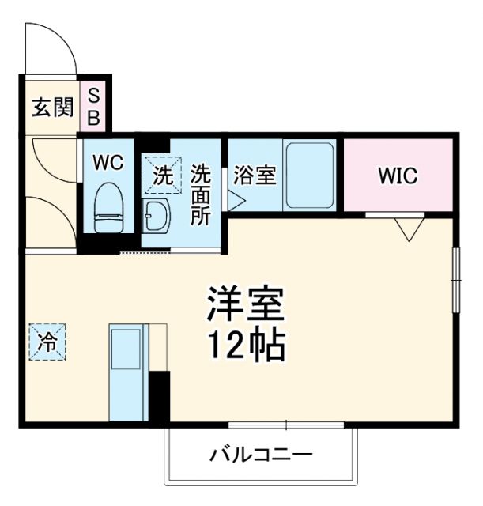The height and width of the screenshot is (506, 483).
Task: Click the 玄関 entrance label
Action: point(52,107)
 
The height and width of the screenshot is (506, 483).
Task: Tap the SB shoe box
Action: point(93,107)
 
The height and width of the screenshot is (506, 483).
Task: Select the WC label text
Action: point(108,163)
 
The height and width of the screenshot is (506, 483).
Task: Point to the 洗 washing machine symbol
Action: point(161,176)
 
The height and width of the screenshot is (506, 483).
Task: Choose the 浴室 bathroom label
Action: point(255,175)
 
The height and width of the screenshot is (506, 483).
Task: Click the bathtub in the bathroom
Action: point(309,175)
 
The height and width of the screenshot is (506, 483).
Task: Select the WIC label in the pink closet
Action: point(397,176)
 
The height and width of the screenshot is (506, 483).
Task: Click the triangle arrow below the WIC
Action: point(409,228)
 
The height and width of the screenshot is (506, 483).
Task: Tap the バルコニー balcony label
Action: point(261,455)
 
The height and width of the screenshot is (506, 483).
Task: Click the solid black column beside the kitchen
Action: point(160,395)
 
